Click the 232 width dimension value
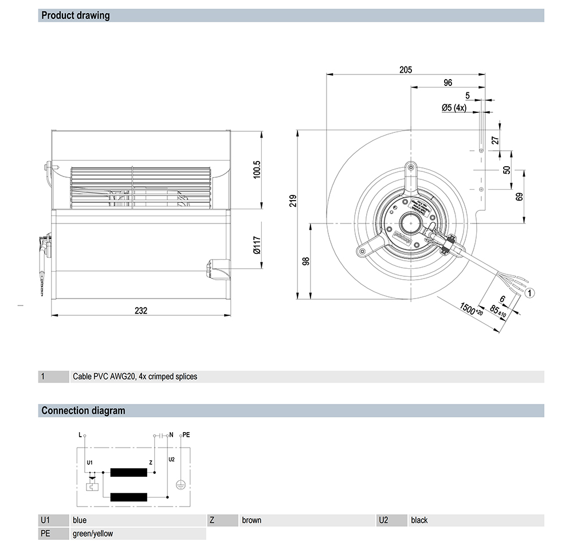coord(141,311)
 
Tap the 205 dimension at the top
coord(406,70)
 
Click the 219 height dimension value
coord(293,200)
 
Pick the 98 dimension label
coord(306,261)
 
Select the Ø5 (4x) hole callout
coord(454,108)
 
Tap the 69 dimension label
coord(520,196)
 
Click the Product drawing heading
coord(76,15)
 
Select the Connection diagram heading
coord(83,410)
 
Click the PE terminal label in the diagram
coord(186,436)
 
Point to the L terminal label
coord(80,436)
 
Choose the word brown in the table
coord(252,520)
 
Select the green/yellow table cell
coord(93,534)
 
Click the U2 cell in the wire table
coord(383,520)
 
